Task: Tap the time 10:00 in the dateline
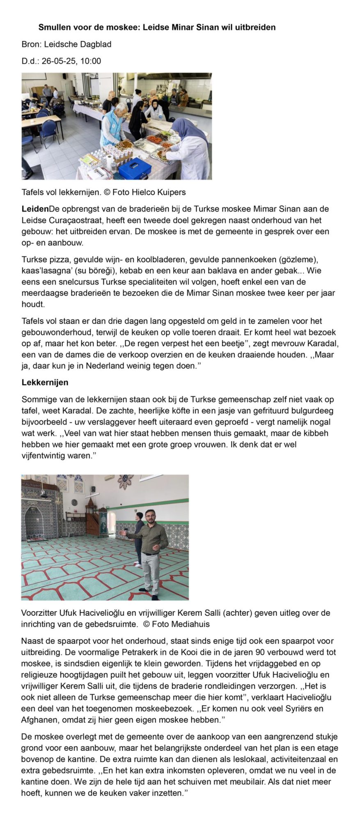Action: tap(91, 61)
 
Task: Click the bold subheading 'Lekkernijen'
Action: tap(45, 383)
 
